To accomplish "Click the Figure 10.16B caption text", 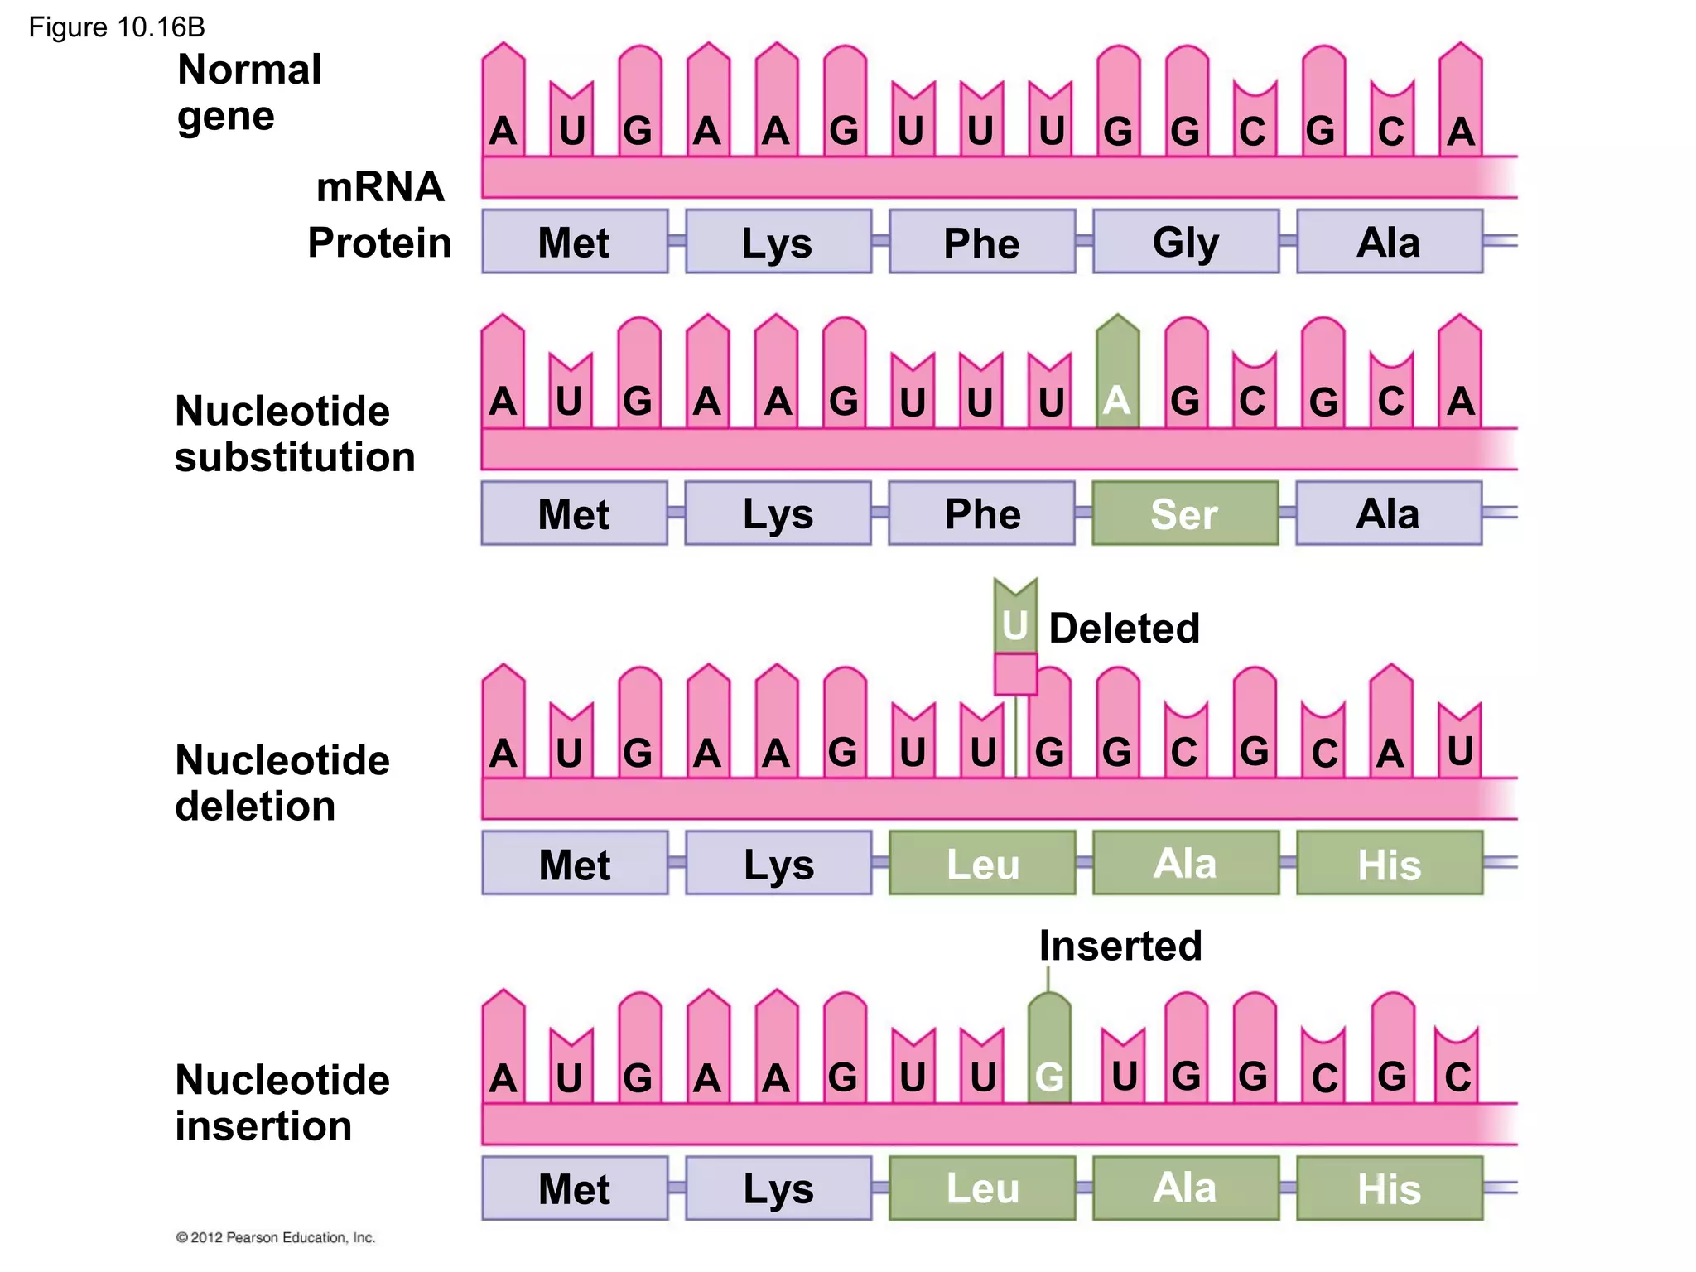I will [x=117, y=27].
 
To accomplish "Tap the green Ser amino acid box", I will [x=1185, y=513].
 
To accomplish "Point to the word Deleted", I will [x=1124, y=629].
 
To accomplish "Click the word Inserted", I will [x=1120, y=946].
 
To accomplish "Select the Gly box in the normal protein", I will [x=1185, y=242].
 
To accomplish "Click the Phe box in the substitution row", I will [x=982, y=513].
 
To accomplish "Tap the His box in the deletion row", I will [x=1389, y=864].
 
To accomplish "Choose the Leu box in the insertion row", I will [x=982, y=1188].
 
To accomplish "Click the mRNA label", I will [x=380, y=186].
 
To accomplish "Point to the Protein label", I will [x=379, y=243].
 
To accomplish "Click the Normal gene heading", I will [x=248, y=92].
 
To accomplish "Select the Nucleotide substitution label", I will [x=294, y=434].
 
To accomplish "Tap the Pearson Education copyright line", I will [x=276, y=1237].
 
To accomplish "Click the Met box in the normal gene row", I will [x=574, y=242].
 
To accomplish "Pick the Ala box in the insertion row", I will [x=1185, y=1188].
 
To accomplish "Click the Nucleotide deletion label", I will [x=282, y=783].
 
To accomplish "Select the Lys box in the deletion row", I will [x=778, y=864].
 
